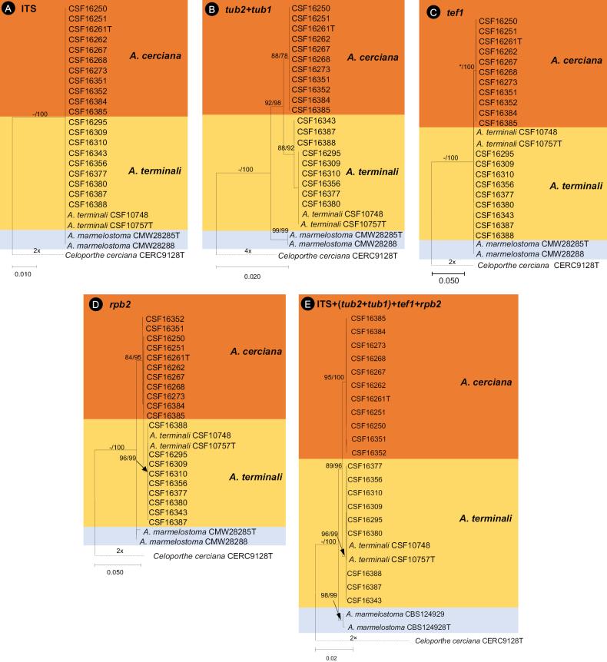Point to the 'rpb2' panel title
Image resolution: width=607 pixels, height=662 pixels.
pyautogui.click(x=120, y=304)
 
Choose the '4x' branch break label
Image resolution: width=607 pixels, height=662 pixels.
pyautogui.click(x=249, y=250)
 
